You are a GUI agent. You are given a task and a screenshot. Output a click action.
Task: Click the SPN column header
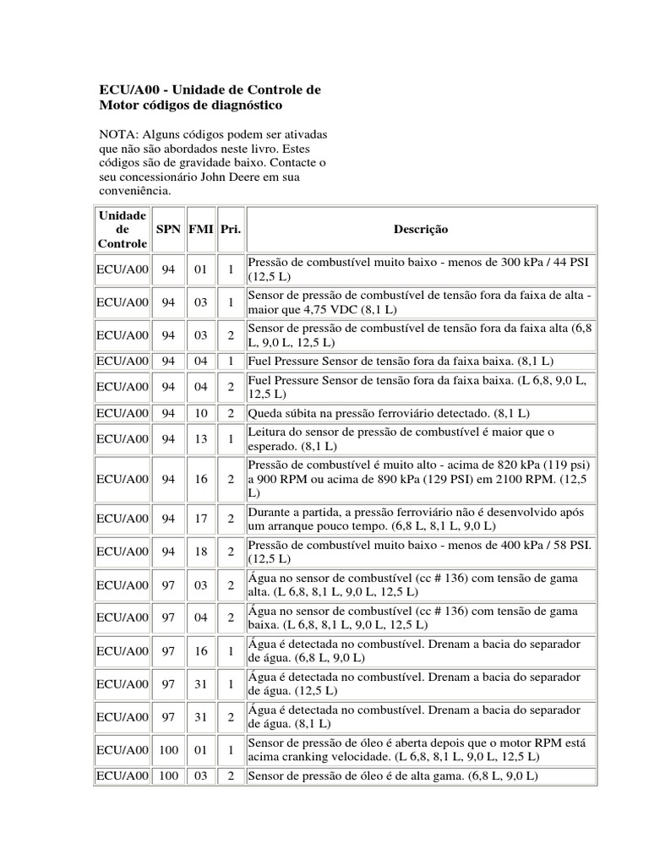pos(168,230)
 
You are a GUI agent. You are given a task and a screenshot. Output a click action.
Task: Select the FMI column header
pos(200,230)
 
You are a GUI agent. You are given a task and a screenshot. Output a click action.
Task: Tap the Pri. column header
pos(230,230)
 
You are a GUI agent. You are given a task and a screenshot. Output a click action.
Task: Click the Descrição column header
pos(421,230)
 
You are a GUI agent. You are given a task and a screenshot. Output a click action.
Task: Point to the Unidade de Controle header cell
pos(123,230)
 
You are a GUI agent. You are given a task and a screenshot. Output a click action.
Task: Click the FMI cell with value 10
pos(200,413)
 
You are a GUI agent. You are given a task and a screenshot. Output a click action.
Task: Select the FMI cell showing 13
pos(200,439)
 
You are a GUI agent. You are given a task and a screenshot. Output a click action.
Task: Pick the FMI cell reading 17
pos(200,519)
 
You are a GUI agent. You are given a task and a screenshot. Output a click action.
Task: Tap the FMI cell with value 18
pos(200,552)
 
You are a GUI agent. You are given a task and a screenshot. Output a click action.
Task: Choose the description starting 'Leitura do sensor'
pos(401,439)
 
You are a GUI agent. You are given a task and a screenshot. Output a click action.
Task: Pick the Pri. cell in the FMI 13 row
pos(230,439)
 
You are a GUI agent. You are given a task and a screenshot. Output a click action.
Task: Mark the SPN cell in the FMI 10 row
pos(168,413)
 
